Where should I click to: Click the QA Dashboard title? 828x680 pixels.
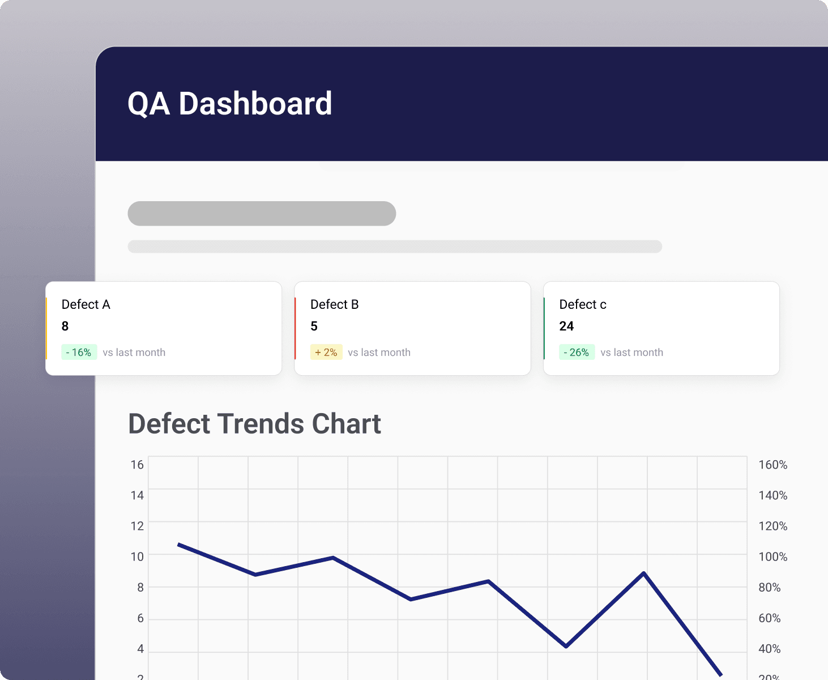click(229, 104)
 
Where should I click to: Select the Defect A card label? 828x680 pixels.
click(86, 304)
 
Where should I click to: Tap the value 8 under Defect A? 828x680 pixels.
click(65, 326)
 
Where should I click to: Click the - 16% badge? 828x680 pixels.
click(79, 352)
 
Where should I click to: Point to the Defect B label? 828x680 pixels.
click(334, 304)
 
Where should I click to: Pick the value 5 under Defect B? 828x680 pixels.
click(314, 326)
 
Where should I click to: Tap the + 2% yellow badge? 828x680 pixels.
click(326, 352)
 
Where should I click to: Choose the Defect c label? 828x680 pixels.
click(582, 304)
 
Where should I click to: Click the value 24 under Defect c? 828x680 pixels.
click(566, 326)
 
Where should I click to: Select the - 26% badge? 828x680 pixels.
click(577, 352)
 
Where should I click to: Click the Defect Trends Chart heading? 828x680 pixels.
click(254, 424)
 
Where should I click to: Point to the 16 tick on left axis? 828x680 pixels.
click(137, 465)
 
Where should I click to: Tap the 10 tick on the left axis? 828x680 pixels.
click(137, 556)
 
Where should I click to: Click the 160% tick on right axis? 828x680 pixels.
click(772, 465)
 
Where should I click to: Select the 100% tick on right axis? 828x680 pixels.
click(772, 556)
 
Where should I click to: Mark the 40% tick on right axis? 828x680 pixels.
click(769, 649)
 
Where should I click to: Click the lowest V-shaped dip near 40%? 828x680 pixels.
click(566, 645)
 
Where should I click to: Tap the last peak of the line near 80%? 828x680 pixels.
click(644, 573)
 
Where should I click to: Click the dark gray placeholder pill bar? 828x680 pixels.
click(262, 214)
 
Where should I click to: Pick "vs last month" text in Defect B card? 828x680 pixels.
click(379, 352)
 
